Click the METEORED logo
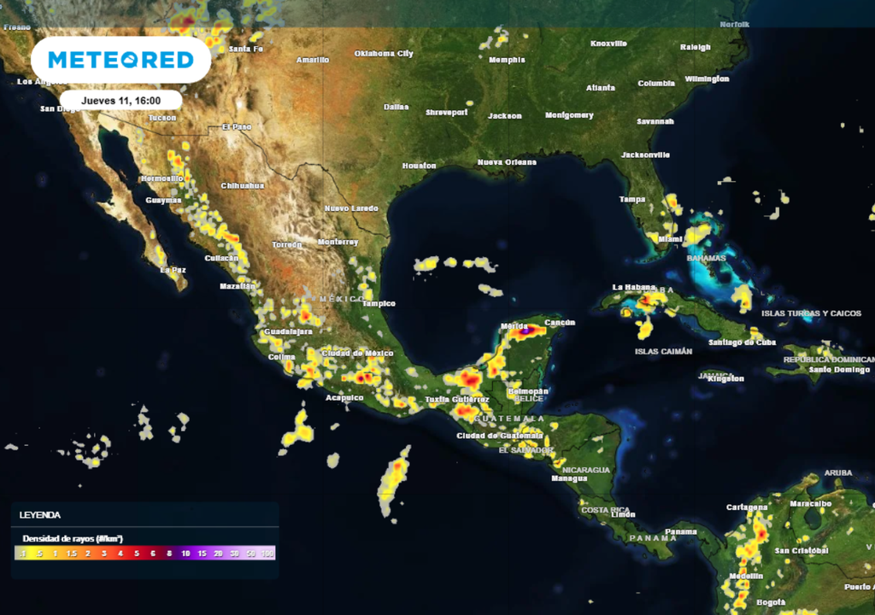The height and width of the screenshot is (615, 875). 120,60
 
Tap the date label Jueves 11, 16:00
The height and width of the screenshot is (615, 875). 120,100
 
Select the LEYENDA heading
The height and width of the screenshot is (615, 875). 40,515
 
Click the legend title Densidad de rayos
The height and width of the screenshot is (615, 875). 73,538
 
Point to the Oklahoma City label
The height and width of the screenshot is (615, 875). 384,54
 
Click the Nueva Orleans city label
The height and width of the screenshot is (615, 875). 507,162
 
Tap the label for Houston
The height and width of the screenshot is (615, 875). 419,166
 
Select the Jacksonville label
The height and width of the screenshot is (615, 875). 645,155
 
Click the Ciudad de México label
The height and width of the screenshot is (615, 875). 357,353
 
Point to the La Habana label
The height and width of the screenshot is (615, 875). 633,287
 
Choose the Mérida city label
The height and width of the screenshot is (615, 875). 514,326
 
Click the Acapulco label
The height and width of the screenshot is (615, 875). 344,397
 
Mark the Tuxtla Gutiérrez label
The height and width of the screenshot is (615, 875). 457,400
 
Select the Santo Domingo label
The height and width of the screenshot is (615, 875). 839,370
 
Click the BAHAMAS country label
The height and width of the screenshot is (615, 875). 706,258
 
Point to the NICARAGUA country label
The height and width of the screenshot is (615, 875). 586,470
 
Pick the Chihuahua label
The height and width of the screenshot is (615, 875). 243,185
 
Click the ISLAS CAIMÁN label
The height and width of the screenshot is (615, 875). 663,351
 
